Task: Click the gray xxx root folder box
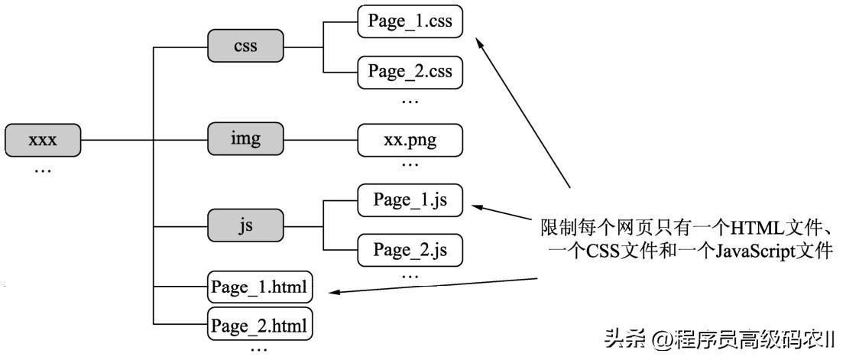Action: coord(43,141)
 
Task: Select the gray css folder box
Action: coord(245,46)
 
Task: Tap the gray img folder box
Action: coord(245,140)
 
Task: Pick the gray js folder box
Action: coord(245,226)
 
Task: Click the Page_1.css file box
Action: coord(410,22)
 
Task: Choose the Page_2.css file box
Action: coord(410,72)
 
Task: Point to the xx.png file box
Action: coord(410,140)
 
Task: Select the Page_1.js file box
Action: coord(410,200)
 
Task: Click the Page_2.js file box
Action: coord(410,250)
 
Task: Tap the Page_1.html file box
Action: coord(261,288)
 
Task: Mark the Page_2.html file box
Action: coord(261,326)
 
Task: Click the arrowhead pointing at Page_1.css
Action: coord(480,44)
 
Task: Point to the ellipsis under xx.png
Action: coord(410,164)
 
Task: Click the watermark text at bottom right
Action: coord(719,338)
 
